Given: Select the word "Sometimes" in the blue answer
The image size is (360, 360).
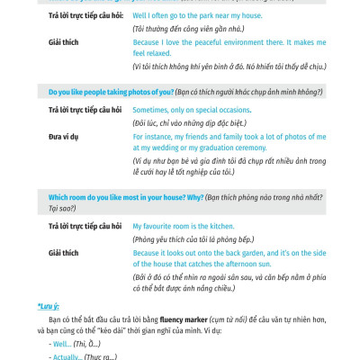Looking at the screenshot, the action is (150, 109).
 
